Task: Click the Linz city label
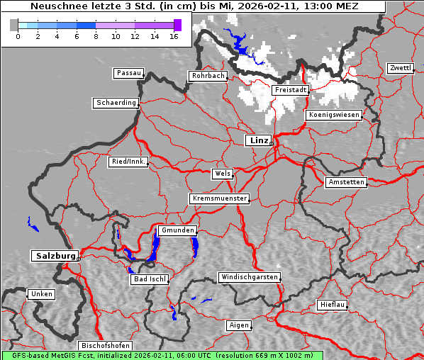click(258, 140)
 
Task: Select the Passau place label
click(128, 73)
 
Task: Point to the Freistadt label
click(290, 90)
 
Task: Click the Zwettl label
click(400, 68)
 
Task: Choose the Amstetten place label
click(346, 182)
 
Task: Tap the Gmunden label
click(177, 230)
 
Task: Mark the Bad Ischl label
click(150, 279)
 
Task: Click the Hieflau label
click(333, 305)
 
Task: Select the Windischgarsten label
click(249, 277)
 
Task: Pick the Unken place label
click(41, 293)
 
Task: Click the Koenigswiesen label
click(334, 114)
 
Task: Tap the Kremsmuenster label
click(220, 198)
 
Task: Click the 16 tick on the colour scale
click(174, 36)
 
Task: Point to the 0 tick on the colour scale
click(18, 36)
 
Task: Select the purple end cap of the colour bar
click(177, 25)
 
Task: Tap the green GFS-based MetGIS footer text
click(162, 355)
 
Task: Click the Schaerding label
click(116, 103)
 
